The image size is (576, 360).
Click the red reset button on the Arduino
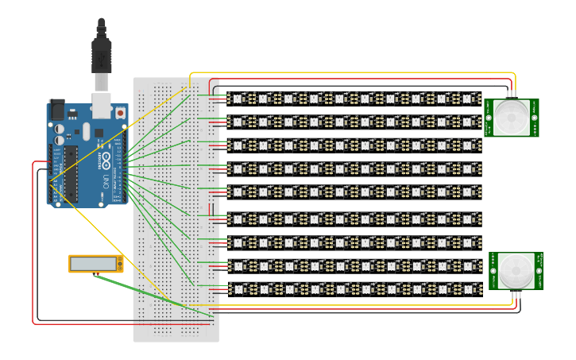[x=120, y=114]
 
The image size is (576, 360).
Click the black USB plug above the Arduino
[x=101, y=56]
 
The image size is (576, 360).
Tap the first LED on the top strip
[x=237, y=99]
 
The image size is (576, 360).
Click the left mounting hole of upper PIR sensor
[x=489, y=117]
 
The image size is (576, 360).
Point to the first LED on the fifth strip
[x=237, y=192]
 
